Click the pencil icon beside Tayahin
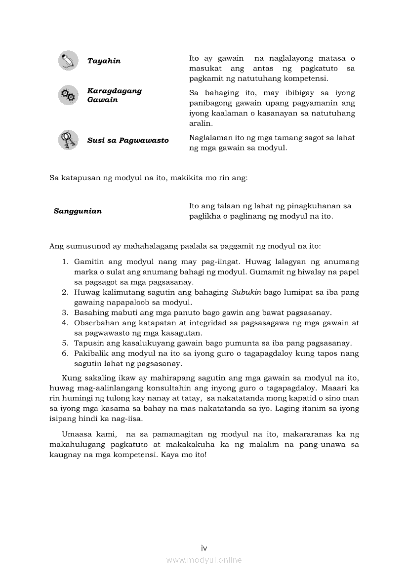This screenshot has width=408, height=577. (68, 61)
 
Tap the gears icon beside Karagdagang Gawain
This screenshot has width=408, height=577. (68, 95)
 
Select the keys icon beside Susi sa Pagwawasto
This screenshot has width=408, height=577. (68, 140)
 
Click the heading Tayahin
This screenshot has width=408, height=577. (104, 61)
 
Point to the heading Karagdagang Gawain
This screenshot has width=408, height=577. (114, 95)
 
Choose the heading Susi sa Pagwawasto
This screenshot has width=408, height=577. (128, 140)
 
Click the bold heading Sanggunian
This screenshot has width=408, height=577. (78, 211)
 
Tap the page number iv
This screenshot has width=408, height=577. (204, 548)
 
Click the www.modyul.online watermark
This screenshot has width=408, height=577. (204, 560)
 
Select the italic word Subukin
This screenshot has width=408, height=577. (246, 292)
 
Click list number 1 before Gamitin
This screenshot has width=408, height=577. (65, 262)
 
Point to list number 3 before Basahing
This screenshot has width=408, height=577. (65, 312)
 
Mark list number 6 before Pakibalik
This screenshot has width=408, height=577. (65, 353)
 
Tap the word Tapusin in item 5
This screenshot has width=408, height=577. (87, 343)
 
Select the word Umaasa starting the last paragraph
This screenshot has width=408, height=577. (77, 434)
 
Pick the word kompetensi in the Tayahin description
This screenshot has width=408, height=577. (307, 78)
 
